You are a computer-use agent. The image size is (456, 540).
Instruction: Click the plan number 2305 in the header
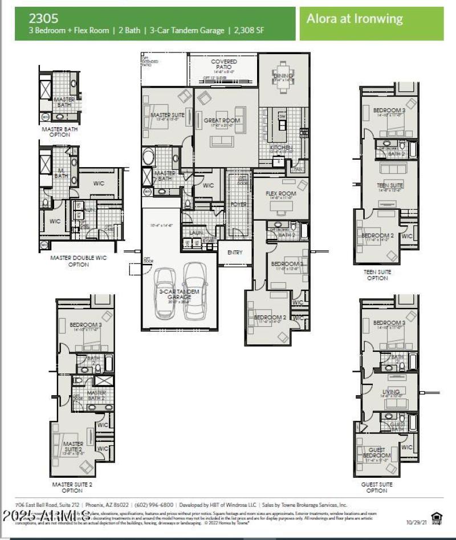pyautogui.click(x=43, y=18)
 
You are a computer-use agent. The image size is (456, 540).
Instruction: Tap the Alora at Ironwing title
pyautogui.click(x=355, y=18)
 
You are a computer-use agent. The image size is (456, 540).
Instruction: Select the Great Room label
pyautogui.click(x=222, y=120)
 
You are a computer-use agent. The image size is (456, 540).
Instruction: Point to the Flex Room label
pyautogui.click(x=281, y=194)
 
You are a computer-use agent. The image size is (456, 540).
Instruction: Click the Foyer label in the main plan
pyautogui.click(x=238, y=204)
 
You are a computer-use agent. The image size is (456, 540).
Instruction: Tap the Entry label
pyautogui.click(x=234, y=252)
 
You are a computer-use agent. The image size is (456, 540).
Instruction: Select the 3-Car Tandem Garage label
pyautogui.click(x=180, y=294)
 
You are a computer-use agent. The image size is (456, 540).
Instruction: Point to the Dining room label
pyautogui.click(x=283, y=76)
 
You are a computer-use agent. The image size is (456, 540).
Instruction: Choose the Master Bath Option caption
pyautogui.click(x=60, y=132)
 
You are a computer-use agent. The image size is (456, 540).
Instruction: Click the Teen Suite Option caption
pyautogui.click(x=377, y=275)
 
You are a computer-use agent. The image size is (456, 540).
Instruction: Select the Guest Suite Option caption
pyautogui.click(x=377, y=487)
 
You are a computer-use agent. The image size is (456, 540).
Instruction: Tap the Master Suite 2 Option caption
pyautogui.click(x=72, y=487)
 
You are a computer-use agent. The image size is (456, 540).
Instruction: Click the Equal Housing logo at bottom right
pyautogui.click(x=437, y=517)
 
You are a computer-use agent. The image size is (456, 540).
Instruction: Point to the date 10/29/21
pyautogui.click(x=416, y=522)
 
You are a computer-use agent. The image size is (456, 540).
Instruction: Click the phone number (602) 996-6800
pyautogui.click(x=154, y=505)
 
